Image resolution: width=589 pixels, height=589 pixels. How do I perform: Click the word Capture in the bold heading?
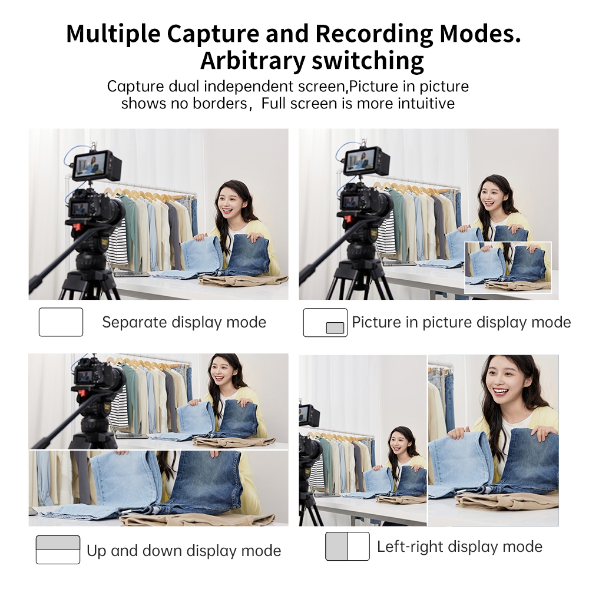[x=213, y=34]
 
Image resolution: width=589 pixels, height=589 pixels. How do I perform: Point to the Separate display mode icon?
[x=61, y=322]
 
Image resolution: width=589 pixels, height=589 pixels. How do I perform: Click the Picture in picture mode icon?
[x=325, y=322]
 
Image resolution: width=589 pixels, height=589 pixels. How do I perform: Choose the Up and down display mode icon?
[x=58, y=550]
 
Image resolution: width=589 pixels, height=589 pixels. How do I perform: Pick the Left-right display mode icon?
[x=348, y=546]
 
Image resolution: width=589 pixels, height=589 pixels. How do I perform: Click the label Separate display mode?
[x=184, y=322]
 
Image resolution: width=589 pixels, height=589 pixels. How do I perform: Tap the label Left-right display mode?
[x=459, y=547]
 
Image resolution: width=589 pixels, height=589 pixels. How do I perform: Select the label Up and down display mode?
[x=184, y=551]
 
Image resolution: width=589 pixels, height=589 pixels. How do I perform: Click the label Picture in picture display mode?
[x=461, y=322]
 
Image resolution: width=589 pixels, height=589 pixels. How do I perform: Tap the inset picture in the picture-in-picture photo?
[x=508, y=267]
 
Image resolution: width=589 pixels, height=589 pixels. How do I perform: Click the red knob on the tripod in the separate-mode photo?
[x=77, y=227]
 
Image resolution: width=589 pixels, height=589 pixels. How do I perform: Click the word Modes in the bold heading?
[x=480, y=34]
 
